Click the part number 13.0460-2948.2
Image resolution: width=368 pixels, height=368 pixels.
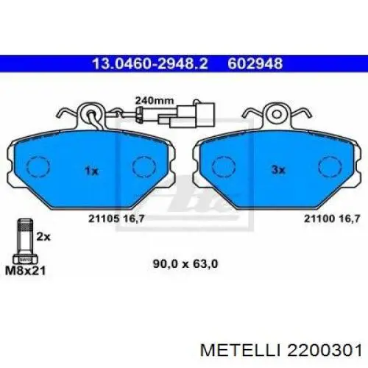tap(150, 64)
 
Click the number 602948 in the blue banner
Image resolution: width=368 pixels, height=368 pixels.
tap(255, 64)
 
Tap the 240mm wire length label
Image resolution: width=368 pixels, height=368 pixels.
tap(155, 101)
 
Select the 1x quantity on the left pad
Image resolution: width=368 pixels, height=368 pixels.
tap(91, 171)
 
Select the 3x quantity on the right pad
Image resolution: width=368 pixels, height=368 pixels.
tap(278, 170)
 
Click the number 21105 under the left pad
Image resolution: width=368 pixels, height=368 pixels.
tap(104, 219)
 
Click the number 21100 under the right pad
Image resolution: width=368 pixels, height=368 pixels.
tap(319, 219)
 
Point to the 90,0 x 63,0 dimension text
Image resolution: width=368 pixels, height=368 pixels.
tap(185, 264)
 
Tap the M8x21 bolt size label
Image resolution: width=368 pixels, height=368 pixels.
tap(26, 271)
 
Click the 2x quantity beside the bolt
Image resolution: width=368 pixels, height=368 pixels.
tap(43, 237)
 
